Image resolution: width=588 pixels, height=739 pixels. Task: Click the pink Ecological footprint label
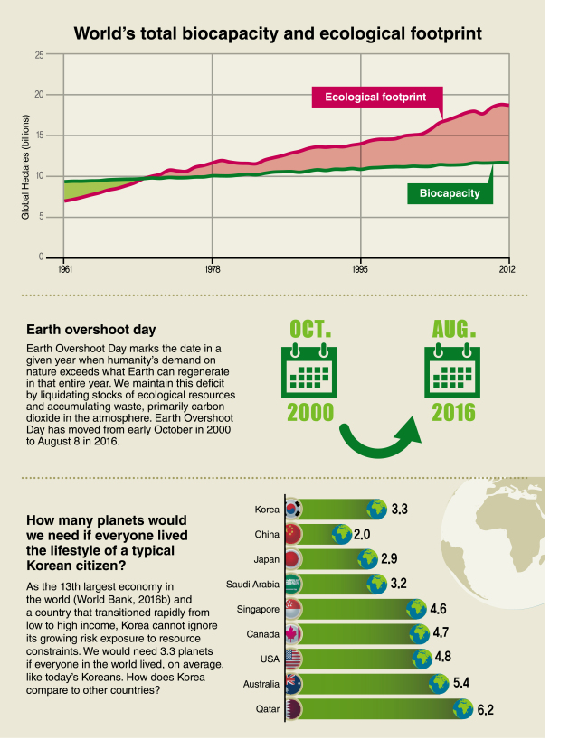(377, 97)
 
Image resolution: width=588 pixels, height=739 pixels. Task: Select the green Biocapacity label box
(450, 193)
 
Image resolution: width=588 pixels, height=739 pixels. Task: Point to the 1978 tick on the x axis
(213, 269)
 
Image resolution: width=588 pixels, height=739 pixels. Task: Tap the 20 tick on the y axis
(39, 94)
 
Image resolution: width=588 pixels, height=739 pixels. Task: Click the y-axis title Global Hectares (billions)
(25, 167)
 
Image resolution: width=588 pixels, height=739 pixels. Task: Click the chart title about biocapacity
(278, 33)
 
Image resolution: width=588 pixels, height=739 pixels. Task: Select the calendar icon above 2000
(309, 370)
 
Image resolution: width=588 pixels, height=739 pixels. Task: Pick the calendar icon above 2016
(452, 370)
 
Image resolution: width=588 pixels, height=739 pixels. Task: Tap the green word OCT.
(310, 329)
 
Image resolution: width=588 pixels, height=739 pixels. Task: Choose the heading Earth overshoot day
(91, 330)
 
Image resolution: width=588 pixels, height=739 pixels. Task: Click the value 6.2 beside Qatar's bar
(485, 710)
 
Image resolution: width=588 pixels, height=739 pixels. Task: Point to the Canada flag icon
(292, 634)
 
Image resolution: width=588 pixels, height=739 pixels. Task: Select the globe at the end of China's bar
(342, 535)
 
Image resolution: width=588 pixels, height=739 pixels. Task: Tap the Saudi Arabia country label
(252, 585)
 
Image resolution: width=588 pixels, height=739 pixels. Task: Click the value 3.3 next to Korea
(399, 509)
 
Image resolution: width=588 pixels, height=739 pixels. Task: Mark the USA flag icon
(292, 659)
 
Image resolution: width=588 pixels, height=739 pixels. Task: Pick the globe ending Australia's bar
(439, 683)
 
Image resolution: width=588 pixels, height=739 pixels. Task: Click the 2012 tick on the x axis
(507, 269)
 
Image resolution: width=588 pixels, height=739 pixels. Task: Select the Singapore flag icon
(292, 610)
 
